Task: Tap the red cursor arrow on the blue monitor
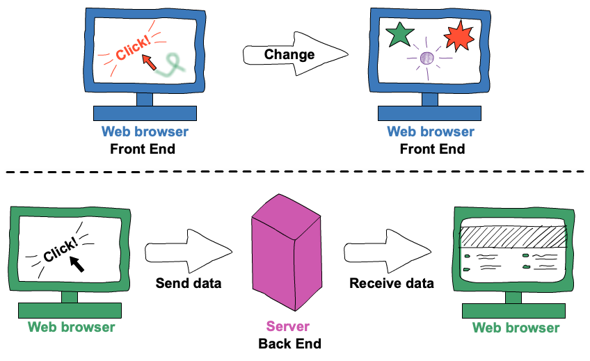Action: [x=150, y=63]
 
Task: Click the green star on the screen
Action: [x=400, y=34]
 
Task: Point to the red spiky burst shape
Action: [x=459, y=35]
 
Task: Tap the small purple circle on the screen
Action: [x=427, y=58]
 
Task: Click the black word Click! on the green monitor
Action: [x=61, y=250]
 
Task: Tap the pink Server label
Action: [x=287, y=326]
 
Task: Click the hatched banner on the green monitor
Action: [x=513, y=237]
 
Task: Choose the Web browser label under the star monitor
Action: [x=431, y=131]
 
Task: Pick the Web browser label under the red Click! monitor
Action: [x=145, y=131]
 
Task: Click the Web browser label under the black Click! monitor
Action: [x=71, y=327]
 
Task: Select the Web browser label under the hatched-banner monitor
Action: [x=516, y=328]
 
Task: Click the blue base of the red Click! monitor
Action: [x=145, y=113]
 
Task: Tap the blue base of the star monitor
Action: [x=429, y=113]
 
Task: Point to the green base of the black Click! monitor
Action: [x=70, y=310]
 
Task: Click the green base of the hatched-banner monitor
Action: [x=513, y=310]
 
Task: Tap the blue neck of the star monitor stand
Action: [x=430, y=99]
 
